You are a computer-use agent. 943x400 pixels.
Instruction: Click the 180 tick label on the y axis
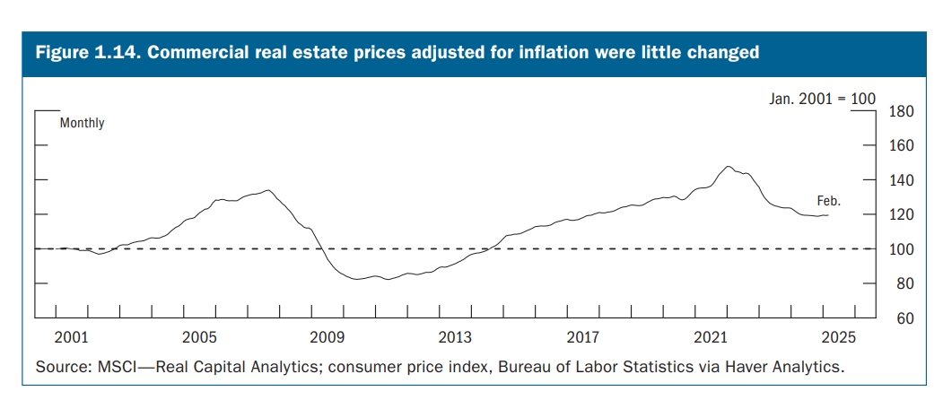[x=900, y=111]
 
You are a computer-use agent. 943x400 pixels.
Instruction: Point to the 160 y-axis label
[x=900, y=146]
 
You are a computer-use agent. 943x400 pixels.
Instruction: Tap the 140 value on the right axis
[x=900, y=180]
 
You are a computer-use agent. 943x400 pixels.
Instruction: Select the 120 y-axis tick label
[x=900, y=215]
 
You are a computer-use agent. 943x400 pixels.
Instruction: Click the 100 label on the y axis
[x=900, y=249]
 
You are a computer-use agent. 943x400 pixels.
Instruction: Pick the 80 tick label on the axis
[x=900, y=284]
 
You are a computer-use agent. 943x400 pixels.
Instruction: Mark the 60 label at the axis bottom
[x=900, y=318]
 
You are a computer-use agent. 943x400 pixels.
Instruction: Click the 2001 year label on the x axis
[x=71, y=337]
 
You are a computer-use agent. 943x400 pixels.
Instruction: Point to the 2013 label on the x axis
[x=456, y=337]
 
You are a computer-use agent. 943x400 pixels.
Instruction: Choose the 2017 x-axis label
[x=584, y=337]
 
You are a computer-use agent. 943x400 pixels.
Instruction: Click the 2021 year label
[x=712, y=337]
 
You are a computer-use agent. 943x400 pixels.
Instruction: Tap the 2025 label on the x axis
[x=840, y=337]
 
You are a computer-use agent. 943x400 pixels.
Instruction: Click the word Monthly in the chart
[x=82, y=123]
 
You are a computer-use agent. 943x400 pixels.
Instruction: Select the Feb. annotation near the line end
[x=828, y=201]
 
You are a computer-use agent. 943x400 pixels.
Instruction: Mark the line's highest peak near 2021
[x=728, y=167]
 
